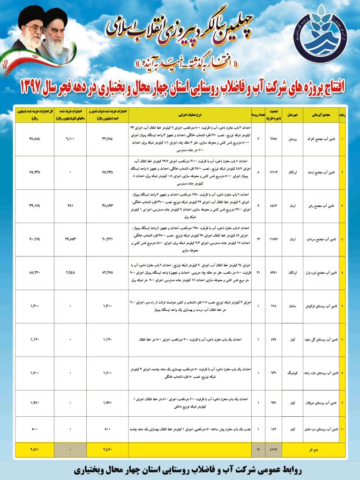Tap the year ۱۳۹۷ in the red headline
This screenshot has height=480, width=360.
click(35, 88)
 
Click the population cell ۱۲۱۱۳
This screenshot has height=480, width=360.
click(274, 172)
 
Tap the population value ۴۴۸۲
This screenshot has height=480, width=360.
click(274, 205)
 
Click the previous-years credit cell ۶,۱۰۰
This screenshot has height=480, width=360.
click(70, 139)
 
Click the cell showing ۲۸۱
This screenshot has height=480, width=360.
click(70, 205)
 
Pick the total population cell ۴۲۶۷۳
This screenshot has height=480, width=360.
click(274, 450)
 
